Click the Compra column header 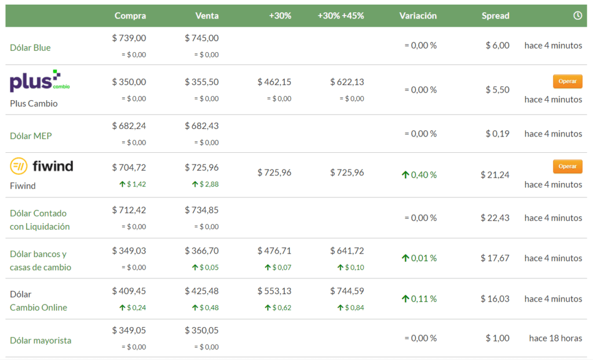coord(130,16)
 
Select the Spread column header coord(495,16)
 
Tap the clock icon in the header coord(577,16)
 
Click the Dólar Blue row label coord(30,47)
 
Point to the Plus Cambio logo coord(39,82)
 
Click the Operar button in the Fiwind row coord(567,166)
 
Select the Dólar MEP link coord(31,135)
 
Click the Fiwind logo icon coord(19,167)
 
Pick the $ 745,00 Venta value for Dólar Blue coord(202,38)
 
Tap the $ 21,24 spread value coord(495,175)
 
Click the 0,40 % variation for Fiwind coord(419,175)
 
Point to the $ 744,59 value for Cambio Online coord(347,291)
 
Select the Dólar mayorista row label coord(41,340)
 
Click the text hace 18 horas coord(555,338)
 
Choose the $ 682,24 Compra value coord(129,126)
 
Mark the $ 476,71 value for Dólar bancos coord(274,251)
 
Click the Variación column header coord(418,16)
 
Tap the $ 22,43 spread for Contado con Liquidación coord(495,218)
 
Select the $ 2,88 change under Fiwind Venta coord(206,184)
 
